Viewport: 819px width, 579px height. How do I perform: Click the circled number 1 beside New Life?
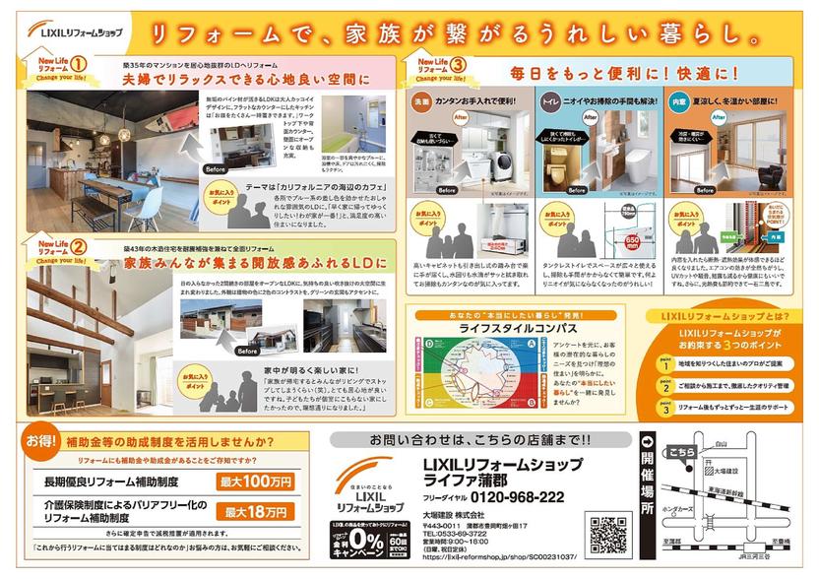75,64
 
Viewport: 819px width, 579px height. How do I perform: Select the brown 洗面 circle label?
419,99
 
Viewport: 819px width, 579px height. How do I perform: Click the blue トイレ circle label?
547,99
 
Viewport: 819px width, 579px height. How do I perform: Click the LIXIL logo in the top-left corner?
73,31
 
